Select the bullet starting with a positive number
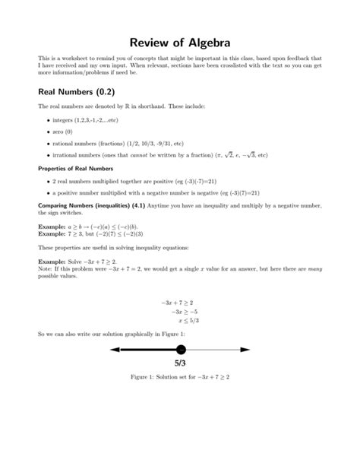click(x=152, y=192)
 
